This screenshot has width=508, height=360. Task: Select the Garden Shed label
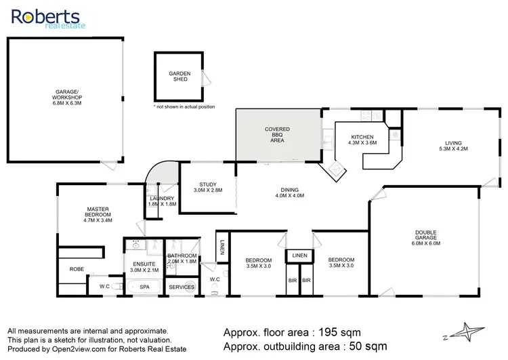coord(179,75)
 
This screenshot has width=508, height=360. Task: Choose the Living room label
coord(453,145)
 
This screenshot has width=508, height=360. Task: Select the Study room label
coord(207,188)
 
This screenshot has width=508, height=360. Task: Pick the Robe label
coord(77,269)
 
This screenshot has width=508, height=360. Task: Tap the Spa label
coord(144,287)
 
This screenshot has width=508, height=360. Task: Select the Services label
coord(182,287)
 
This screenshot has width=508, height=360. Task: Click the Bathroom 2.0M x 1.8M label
coord(182,258)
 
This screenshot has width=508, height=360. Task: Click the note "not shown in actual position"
coord(185,107)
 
